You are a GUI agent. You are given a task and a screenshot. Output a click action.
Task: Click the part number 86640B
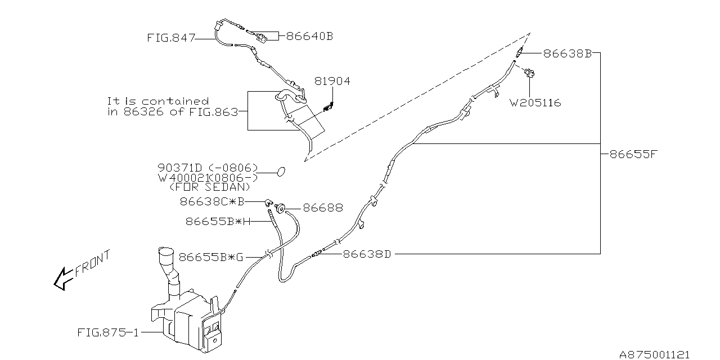309,36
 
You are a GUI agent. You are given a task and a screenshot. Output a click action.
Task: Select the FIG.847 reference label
171,38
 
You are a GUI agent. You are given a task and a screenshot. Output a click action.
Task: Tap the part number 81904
332,82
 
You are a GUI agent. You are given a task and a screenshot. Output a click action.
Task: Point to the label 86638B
567,53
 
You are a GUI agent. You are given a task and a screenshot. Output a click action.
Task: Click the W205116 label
535,103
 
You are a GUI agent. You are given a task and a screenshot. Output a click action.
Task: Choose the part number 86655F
633,154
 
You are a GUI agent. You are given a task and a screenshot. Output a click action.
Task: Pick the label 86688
323,208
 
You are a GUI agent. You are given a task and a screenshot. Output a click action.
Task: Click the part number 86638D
367,254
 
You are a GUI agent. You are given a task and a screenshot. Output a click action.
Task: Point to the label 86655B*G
211,257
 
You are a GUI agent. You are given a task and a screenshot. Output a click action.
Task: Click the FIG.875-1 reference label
107,332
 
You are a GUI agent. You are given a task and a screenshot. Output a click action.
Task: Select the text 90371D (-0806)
207,168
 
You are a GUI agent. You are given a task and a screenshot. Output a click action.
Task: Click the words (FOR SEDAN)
209,187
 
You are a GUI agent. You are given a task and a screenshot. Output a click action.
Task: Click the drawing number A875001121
654,354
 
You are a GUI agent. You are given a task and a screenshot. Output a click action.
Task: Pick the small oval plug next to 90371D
281,171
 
